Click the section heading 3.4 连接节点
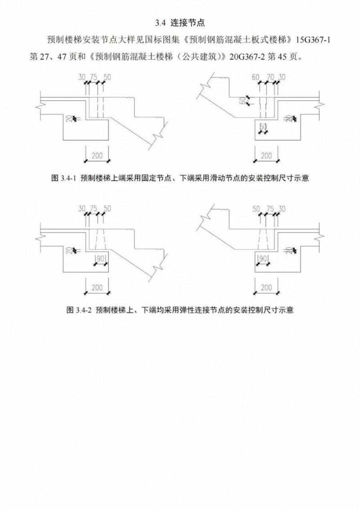pos(180,23)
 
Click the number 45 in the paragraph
pos(282,57)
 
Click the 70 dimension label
pos(270,77)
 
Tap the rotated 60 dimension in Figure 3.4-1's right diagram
pos(242,101)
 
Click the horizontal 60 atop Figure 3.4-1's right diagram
pos(256,77)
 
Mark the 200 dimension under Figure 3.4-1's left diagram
pos(97,155)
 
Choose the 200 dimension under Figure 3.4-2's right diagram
pos(266,287)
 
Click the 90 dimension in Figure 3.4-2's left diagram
pos(100,258)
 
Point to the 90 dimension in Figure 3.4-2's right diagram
pos(263,258)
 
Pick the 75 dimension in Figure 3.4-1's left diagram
pos(94,77)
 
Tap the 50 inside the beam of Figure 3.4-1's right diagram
pos(263,126)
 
